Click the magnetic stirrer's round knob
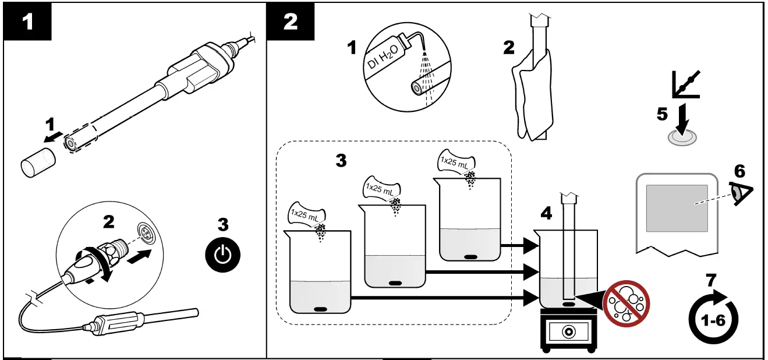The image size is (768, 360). coord(567,332)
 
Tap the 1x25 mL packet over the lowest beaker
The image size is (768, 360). coord(307,214)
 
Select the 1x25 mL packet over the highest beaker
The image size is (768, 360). coord(456,161)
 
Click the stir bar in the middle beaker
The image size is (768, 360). coord(395,283)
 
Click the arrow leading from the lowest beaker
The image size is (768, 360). coord(443,298)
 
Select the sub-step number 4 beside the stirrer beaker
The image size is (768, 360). coord(546,214)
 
